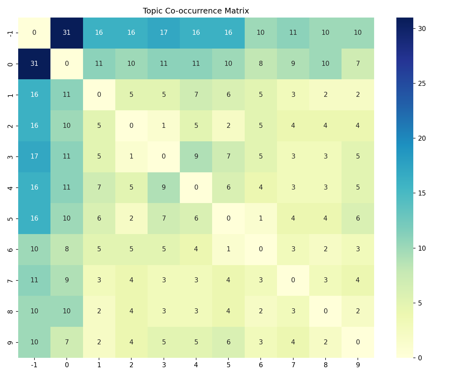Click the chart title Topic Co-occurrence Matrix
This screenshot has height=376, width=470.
[196, 11]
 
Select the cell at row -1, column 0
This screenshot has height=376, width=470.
[67, 33]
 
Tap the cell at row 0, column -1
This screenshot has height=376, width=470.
[34, 64]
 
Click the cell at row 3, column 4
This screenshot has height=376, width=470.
[196, 156]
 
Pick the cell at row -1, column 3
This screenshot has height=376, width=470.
[164, 33]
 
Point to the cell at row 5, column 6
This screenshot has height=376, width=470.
[261, 218]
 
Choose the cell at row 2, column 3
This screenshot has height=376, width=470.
[164, 126]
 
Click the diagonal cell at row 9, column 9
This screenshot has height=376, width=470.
[358, 342]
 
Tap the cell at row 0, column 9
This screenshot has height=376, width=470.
[358, 64]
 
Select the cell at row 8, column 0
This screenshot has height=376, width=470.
[67, 311]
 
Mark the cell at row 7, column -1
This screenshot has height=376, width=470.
[34, 280]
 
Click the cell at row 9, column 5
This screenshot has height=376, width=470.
[228, 342]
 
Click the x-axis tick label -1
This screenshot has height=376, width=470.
[34, 365]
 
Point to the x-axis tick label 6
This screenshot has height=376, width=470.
[261, 365]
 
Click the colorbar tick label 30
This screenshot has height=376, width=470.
[422, 29]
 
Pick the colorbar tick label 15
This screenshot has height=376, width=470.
[422, 193]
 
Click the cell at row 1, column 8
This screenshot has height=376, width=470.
[326, 95]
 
